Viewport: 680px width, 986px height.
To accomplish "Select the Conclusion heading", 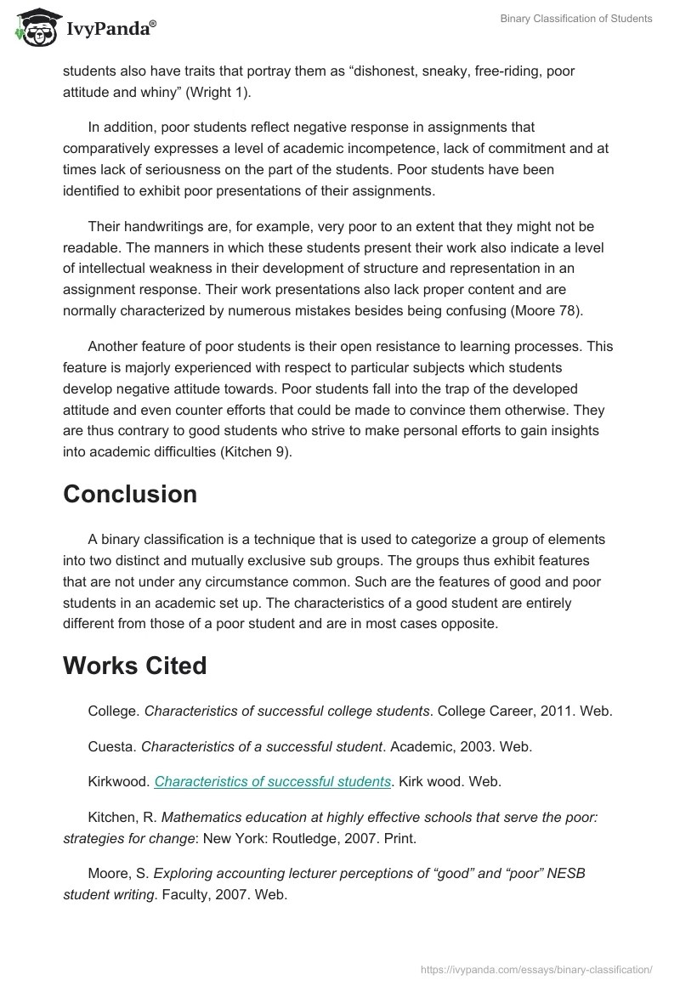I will tap(130, 494).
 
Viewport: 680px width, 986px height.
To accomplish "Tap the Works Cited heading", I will tap(135, 666).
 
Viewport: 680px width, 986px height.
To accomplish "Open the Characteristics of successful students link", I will tap(273, 781).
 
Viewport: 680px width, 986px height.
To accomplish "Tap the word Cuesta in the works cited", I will tap(110, 747).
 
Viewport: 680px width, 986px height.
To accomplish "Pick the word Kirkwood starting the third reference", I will tap(117, 781).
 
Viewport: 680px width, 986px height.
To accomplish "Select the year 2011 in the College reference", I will tap(552, 711).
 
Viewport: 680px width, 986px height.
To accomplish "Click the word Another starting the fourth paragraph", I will tap(115, 347).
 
